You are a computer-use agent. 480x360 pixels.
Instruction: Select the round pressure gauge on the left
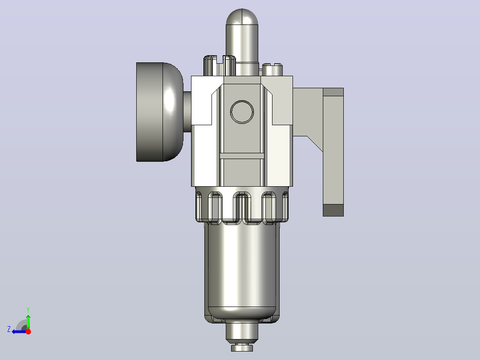(x=160, y=112)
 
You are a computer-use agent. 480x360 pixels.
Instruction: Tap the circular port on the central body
(x=242, y=112)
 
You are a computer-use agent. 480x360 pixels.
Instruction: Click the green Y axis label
(x=28, y=310)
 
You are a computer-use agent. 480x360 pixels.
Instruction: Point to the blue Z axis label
(x=9, y=329)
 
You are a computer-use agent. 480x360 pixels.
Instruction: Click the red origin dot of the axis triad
(x=28, y=331)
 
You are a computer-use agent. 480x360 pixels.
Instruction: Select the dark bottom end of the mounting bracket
(x=334, y=210)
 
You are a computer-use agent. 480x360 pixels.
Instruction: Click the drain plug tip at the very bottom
(x=242, y=348)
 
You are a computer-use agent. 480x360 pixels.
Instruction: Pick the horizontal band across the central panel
(x=242, y=156)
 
